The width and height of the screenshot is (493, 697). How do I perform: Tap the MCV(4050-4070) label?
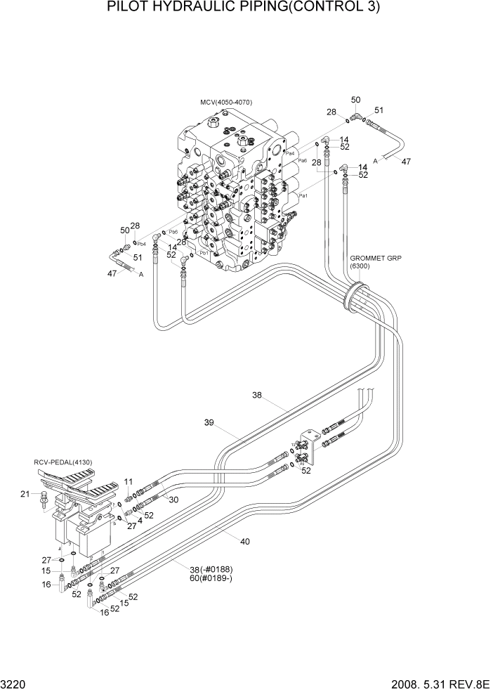coord(225,103)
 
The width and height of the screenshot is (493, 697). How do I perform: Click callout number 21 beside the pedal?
coord(25,495)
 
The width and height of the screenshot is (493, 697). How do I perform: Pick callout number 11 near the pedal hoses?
coord(129,481)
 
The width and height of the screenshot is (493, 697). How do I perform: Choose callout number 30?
coord(173,499)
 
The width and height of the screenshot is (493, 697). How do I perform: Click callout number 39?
coord(209,423)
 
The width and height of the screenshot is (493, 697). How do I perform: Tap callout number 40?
coord(244,541)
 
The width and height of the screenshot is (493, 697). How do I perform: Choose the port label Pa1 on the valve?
coord(303,196)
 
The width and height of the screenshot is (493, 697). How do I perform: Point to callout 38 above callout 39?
coord(257,396)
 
